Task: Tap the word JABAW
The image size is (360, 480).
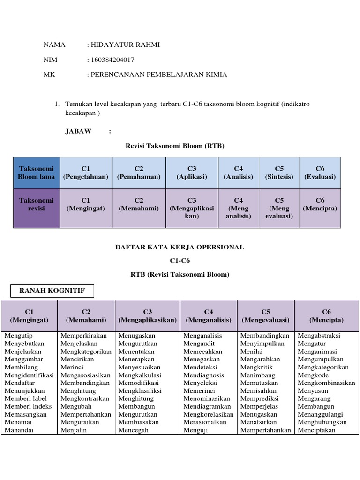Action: coord(78,131)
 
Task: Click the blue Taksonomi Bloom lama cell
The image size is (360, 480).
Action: coord(36,172)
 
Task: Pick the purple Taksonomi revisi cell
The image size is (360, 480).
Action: coord(36,208)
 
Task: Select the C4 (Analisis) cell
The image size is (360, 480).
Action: coord(238,172)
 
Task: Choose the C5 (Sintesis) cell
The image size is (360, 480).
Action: coord(279,172)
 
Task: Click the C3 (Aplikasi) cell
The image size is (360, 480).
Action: coord(192,172)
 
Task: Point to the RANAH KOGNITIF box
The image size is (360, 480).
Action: coord(52,291)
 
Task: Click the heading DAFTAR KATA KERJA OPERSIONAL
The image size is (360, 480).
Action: coord(180,247)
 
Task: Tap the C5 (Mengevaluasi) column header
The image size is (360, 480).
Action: coord(266,316)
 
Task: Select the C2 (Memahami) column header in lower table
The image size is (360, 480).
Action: coord(86,316)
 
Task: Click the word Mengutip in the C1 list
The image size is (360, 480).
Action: coord(19,336)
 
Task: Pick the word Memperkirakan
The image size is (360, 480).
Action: coord(84,336)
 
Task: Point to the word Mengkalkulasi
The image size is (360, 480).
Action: coord(140,375)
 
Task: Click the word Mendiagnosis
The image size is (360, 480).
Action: coord(204,375)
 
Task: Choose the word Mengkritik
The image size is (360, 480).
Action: coord(256,367)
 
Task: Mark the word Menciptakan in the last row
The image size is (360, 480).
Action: coord(316,430)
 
